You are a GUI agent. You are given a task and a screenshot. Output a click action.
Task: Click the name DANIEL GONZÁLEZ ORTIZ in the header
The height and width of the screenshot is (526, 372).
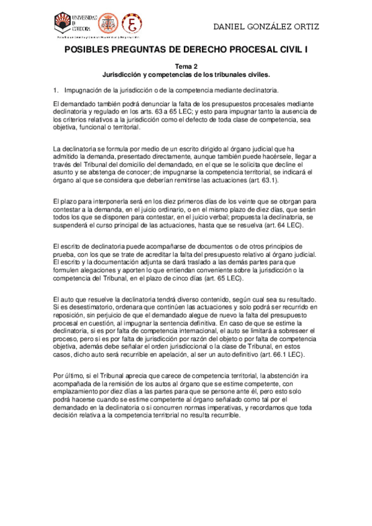click(x=266, y=27)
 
